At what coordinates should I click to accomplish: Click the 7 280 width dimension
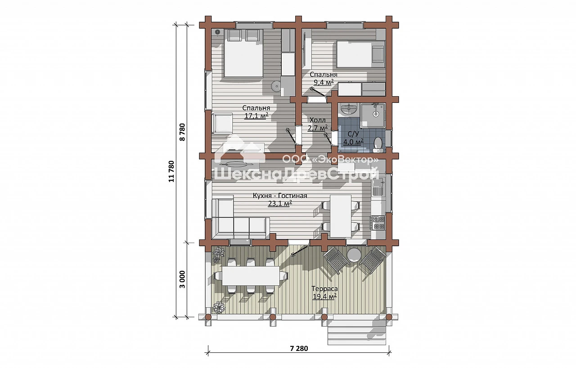299,349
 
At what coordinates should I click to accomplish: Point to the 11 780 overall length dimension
171,171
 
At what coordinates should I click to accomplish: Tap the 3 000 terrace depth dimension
182,279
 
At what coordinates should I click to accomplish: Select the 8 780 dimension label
182,132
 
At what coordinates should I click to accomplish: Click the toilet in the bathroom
378,143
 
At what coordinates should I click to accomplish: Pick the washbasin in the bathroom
349,110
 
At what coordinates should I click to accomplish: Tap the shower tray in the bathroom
373,115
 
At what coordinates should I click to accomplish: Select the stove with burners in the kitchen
378,222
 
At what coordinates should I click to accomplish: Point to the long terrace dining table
251,275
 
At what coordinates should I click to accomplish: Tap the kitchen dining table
341,216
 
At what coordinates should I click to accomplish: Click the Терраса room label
324,288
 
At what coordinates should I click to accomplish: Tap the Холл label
317,120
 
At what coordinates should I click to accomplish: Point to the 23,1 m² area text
280,204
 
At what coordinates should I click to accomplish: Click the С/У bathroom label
353,134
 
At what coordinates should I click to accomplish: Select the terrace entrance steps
357,333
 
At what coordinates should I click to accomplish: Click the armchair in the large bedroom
223,124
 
